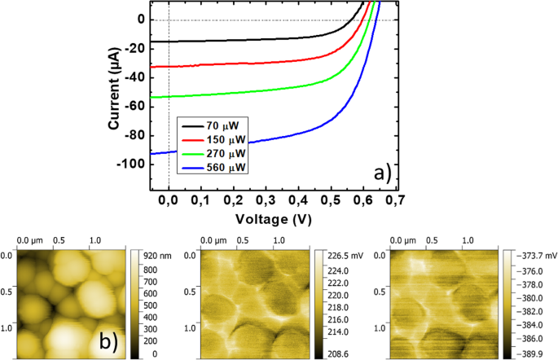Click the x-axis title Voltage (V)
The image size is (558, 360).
[x=275, y=218]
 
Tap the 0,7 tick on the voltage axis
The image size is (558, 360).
[x=397, y=199]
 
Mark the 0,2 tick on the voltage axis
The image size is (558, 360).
[x=234, y=199]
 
